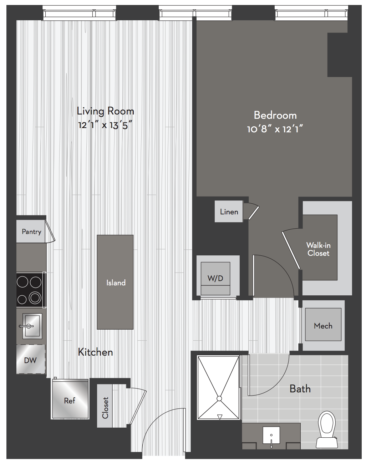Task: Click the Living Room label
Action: click(x=106, y=111)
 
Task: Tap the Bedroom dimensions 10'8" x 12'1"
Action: click(x=275, y=129)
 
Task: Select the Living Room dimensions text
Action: click(x=105, y=125)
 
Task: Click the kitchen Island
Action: click(x=115, y=282)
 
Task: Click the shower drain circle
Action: click(x=219, y=399)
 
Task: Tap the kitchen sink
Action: click(x=32, y=326)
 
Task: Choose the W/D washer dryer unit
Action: click(x=215, y=278)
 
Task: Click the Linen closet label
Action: click(x=229, y=212)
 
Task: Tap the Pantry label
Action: click(x=31, y=232)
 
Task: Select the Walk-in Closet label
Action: click(x=319, y=249)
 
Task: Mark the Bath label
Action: click(x=300, y=389)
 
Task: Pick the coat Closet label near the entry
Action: click(x=105, y=408)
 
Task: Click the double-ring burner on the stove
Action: click(x=35, y=298)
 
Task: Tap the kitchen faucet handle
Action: click(x=26, y=326)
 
